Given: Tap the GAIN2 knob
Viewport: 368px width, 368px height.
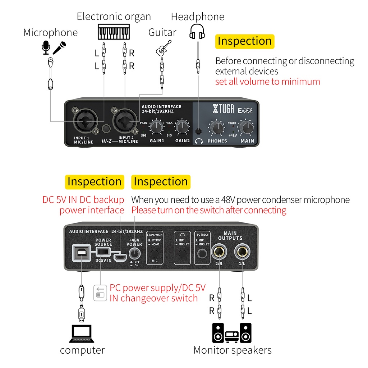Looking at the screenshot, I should [183, 126].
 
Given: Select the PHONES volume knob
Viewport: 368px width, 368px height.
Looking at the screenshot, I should [217, 128].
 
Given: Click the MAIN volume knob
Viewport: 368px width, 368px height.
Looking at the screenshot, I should [247, 128].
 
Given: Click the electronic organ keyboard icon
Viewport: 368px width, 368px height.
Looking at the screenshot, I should [113, 32].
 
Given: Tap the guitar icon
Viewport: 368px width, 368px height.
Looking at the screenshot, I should [162, 49].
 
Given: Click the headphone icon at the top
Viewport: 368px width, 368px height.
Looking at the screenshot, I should [197, 31].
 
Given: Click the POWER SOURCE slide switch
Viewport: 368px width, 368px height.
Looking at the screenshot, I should [103, 252].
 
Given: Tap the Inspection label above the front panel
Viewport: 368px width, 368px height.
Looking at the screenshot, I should [244, 41].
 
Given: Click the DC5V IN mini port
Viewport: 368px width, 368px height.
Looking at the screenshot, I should [120, 257].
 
